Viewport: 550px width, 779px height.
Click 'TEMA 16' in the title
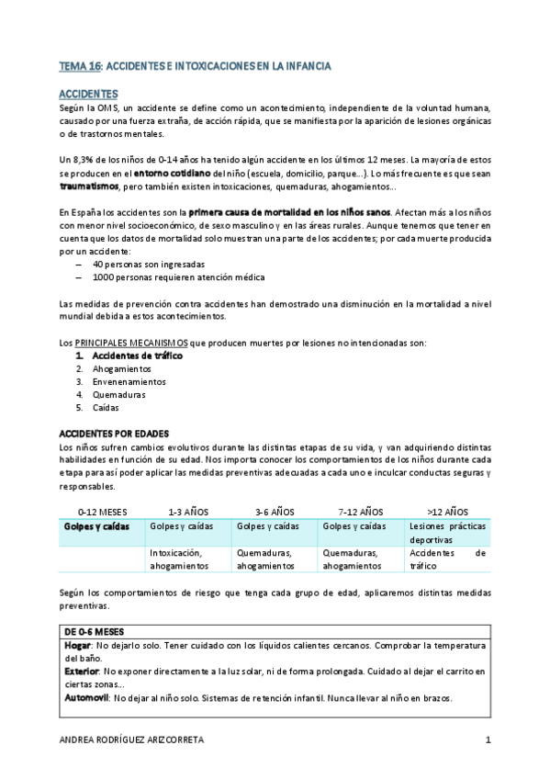pyautogui.click(x=81, y=67)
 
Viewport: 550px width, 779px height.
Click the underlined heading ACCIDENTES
pyautogui.click(x=87, y=95)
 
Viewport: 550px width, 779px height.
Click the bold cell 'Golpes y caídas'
pyautogui.click(x=96, y=526)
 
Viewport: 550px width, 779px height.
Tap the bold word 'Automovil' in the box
pyautogui.click(x=86, y=697)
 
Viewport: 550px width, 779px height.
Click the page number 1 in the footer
pyautogui.click(x=488, y=740)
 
